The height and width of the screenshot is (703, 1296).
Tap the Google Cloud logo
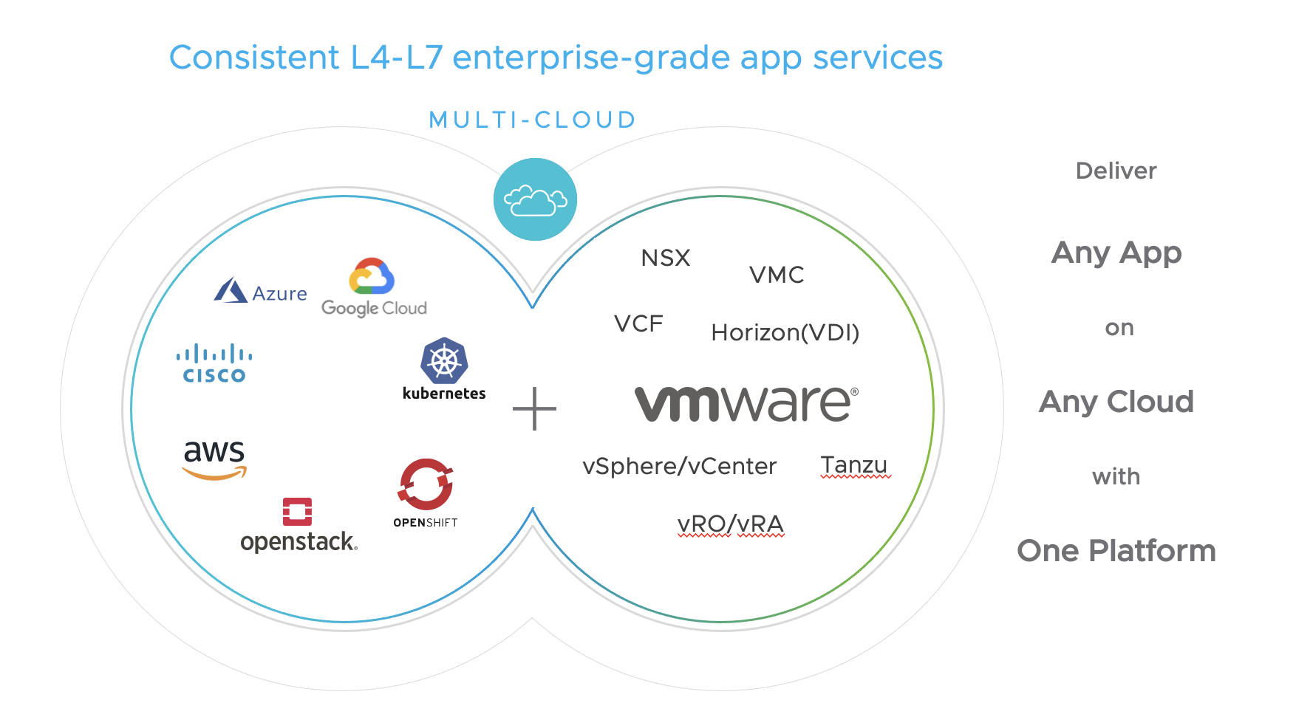coord(373,288)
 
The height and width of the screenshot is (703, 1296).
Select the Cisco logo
coord(214,363)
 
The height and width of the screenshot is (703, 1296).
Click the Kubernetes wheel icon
coord(444,360)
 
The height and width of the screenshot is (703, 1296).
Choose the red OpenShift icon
coord(426,484)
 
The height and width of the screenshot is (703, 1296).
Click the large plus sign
coord(534,408)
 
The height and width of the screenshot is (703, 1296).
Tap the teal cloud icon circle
coord(535,199)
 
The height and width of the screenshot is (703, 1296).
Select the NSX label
coord(666,258)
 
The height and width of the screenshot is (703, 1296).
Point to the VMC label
coord(777,275)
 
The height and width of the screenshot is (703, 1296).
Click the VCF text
coord(638,323)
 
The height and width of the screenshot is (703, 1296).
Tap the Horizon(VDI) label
coord(785,332)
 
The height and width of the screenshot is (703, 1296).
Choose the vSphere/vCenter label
coord(679,466)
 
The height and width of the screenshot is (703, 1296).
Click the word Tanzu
coord(854,464)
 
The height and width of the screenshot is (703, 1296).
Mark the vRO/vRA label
coord(730,524)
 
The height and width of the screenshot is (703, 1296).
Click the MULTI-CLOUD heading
coord(533,120)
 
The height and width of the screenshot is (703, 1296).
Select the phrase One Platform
coord(1116,551)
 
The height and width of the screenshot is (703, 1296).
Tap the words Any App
coord(1116,253)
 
